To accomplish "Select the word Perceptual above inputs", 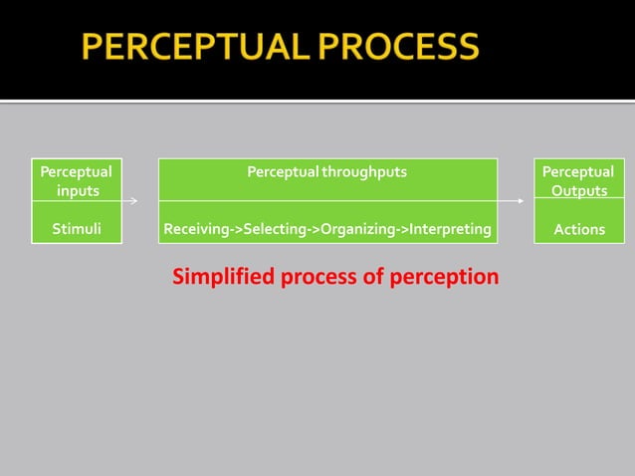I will coord(76,171).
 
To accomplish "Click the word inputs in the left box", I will coord(77,190).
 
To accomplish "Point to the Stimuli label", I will coord(76,229).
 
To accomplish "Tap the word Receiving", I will coord(197,229).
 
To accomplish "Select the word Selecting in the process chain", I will coord(274,229).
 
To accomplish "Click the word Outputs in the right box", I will coord(579,190).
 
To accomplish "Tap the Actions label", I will coord(579,229).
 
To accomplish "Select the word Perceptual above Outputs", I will coord(578,171).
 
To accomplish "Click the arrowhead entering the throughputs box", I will coord(134,200).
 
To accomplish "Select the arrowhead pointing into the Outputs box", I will coord(521,200).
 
